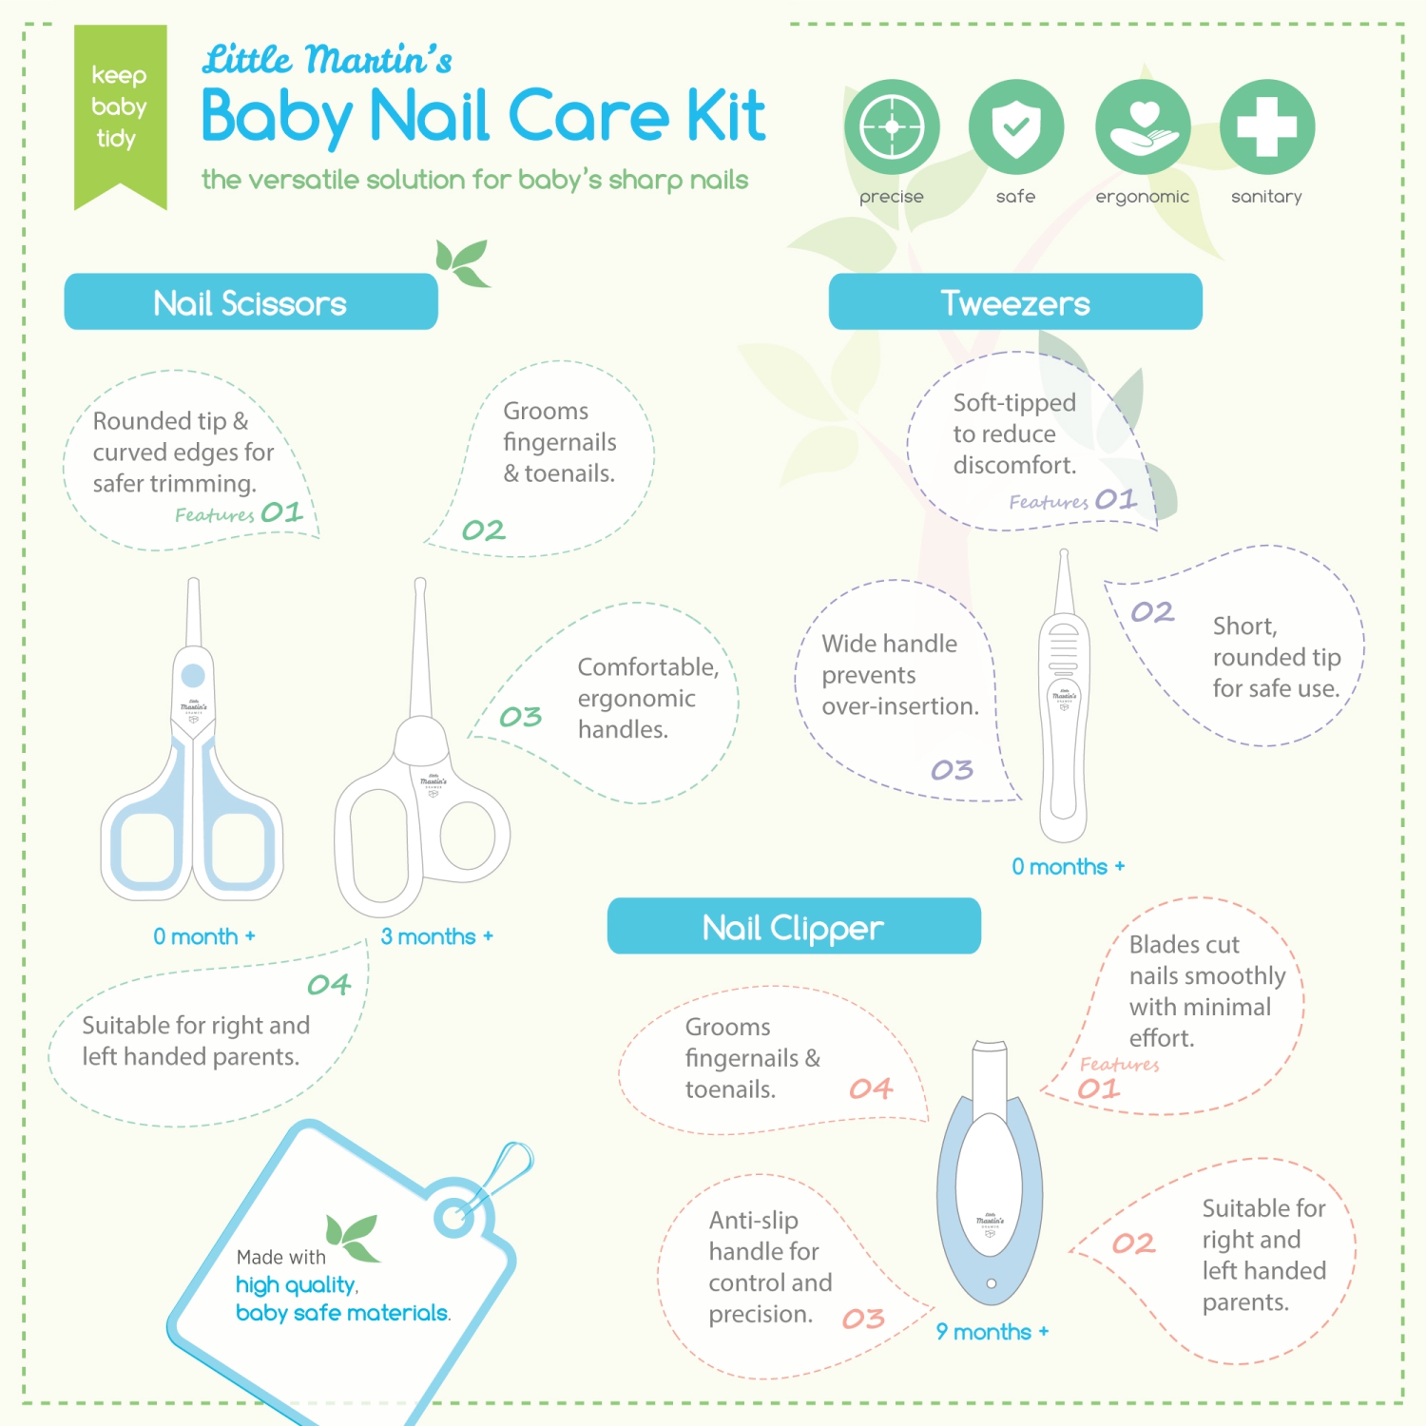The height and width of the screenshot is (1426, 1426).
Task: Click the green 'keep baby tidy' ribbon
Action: coord(120,109)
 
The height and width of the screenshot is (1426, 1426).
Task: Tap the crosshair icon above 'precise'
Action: coord(892,126)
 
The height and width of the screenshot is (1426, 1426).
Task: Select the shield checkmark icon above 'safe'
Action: coord(1015,126)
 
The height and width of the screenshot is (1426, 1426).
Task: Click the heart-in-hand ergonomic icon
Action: coord(1143,126)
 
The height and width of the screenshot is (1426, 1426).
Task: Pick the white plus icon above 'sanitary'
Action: coord(1266,126)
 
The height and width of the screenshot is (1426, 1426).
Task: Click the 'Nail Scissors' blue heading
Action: coord(250,303)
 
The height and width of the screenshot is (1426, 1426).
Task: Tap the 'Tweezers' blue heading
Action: coord(1015,303)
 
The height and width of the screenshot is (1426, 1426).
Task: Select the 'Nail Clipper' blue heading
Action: coord(794,927)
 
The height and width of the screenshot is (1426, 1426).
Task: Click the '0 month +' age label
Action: coord(204,936)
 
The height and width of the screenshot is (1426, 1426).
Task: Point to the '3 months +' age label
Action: coord(436,936)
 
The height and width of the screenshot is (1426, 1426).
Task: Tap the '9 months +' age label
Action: coord(992,1332)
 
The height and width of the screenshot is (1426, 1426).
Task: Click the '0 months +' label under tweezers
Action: coord(1068,867)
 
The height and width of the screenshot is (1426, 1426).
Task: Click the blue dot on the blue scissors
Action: coord(193,675)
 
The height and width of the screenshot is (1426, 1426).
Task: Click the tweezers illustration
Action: coord(1064,723)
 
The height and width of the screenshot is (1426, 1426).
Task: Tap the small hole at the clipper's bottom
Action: coord(991,1283)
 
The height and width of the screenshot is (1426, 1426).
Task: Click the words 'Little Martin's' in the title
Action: coord(327,60)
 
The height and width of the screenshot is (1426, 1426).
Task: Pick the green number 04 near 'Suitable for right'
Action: coord(329,985)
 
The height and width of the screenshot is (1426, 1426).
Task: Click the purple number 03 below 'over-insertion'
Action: coord(952,770)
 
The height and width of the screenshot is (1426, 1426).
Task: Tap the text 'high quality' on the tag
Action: coord(296,1285)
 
